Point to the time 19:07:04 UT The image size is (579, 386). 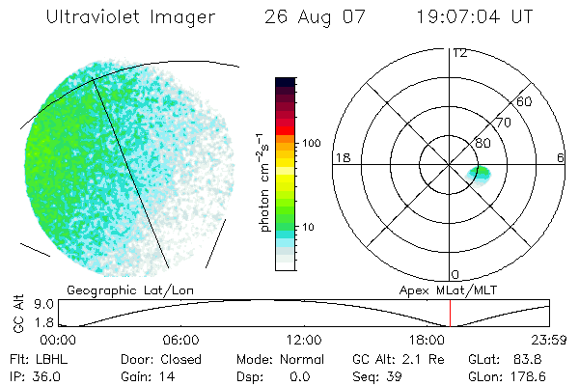(x=476, y=16)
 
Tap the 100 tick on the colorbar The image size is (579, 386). (x=310, y=143)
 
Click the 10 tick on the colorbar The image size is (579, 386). (x=310, y=227)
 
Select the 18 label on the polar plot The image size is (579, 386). (x=341, y=157)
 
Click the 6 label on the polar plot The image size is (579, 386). (x=561, y=157)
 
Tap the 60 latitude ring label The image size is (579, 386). (x=525, y=101)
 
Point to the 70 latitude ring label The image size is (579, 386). (x=503, y=124)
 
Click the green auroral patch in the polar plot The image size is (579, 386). (x=478, y=174)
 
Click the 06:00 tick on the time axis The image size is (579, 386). (x=180, y=340)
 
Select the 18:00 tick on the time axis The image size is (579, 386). (x=427, y=340)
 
